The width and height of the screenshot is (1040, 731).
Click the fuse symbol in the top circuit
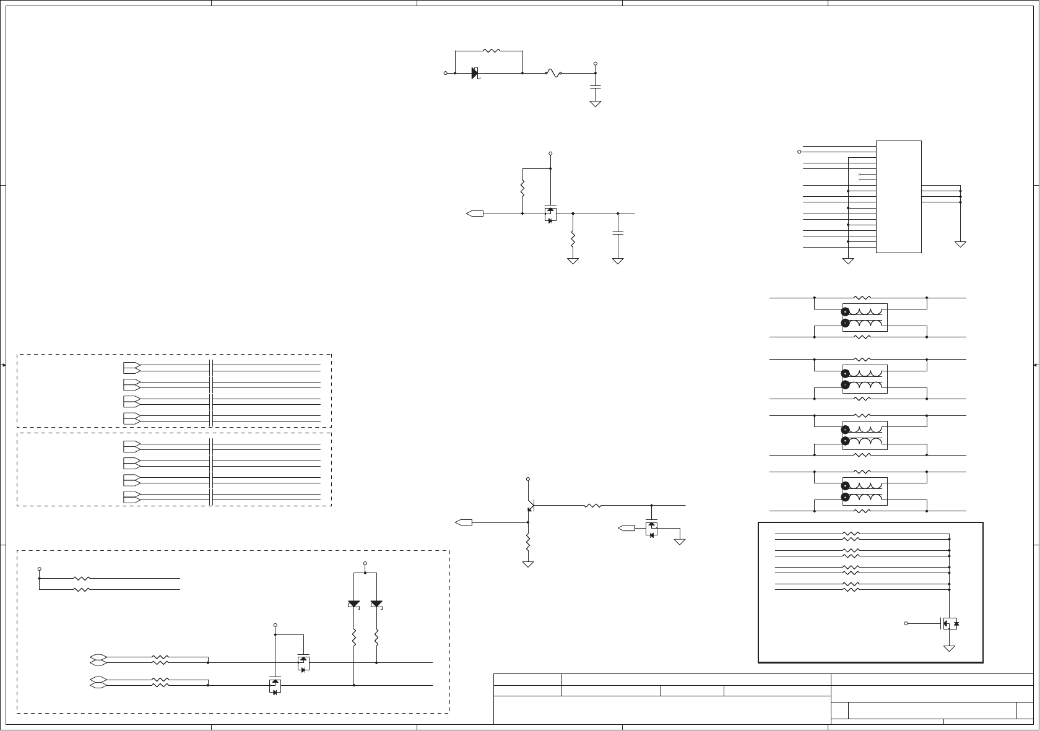pyautogui.click(x=553, y=73)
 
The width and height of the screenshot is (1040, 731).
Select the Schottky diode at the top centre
pyautogui.click(x=475, y=73)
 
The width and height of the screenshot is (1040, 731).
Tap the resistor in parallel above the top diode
pyautogui.click(x=491, y=51)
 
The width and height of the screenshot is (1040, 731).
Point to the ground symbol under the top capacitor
pyautogui.click(x=596, y=103)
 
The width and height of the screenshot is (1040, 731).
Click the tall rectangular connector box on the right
pyautogui.click(x=898, y=196)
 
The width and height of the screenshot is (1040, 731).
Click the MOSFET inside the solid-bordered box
pyautogui.click(x=949, y=623)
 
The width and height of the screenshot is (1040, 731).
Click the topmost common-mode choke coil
pyautogui.click(x=865, y=317)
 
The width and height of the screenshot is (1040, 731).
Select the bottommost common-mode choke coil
pyautogui.click(x=865, y=491)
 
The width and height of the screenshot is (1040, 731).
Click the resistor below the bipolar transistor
pyautogui.click(x=528, y=543)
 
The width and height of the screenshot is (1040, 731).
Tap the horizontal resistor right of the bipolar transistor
pyautogui.click(x=592, y=506)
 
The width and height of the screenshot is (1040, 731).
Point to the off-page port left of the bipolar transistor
pyautogui.click(x=463, y=522)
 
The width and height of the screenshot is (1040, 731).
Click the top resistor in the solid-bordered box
pyautogui.click(x=851, y=533)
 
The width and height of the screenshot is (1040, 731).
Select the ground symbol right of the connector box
pyautogui.click(x=960, y=244)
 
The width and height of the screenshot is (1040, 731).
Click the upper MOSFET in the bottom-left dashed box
pyautogui.click(x=303, y=663)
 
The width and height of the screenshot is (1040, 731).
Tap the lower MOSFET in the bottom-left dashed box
pyautogui.click(x=275, y=685)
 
